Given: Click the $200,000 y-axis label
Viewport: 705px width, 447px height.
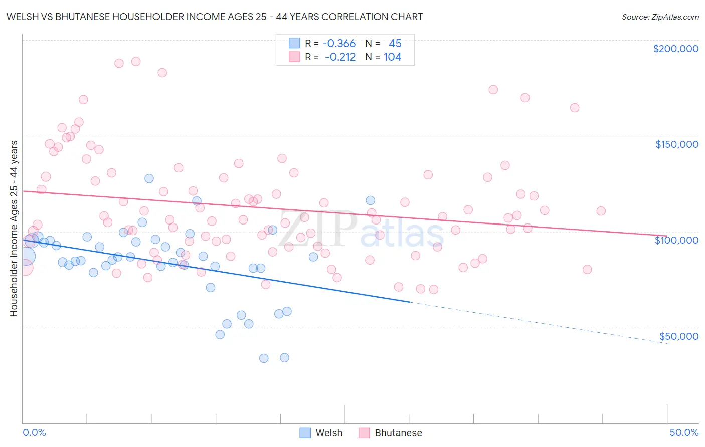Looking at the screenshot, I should tap(675, 49).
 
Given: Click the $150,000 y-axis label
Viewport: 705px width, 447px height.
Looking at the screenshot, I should tap(676, 144).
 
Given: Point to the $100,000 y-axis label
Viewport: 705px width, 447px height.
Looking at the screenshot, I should tap(676, 240).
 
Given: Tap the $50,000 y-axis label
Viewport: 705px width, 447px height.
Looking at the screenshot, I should tap(678, 336).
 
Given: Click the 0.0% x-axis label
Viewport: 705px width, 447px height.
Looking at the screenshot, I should tap(34, 432).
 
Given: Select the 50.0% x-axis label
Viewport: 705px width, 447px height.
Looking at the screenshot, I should tap(684, 432).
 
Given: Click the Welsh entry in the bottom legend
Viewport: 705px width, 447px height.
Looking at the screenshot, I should tap(321, 433).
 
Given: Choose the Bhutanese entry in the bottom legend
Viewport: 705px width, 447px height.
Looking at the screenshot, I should tap(390, 433).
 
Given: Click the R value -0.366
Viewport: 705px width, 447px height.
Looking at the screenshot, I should tap(339, 44).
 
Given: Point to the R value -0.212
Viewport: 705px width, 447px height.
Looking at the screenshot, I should tap(340, 57).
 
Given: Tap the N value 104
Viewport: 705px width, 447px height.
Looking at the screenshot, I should tap(392, 57).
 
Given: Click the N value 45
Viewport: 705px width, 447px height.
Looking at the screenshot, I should tap(395, 44).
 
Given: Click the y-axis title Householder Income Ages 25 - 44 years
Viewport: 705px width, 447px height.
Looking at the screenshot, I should tap(14, 228).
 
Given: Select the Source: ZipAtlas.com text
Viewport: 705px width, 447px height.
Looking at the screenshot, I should tap(660, 17).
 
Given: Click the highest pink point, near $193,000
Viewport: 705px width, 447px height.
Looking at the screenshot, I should tap(136, 61).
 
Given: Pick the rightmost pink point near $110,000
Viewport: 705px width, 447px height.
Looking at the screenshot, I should tap(601, 211).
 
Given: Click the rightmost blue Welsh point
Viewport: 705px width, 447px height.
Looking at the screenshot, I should tap(371, 200).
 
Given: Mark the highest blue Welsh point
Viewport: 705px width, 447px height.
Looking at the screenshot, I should tap(149, 178).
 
